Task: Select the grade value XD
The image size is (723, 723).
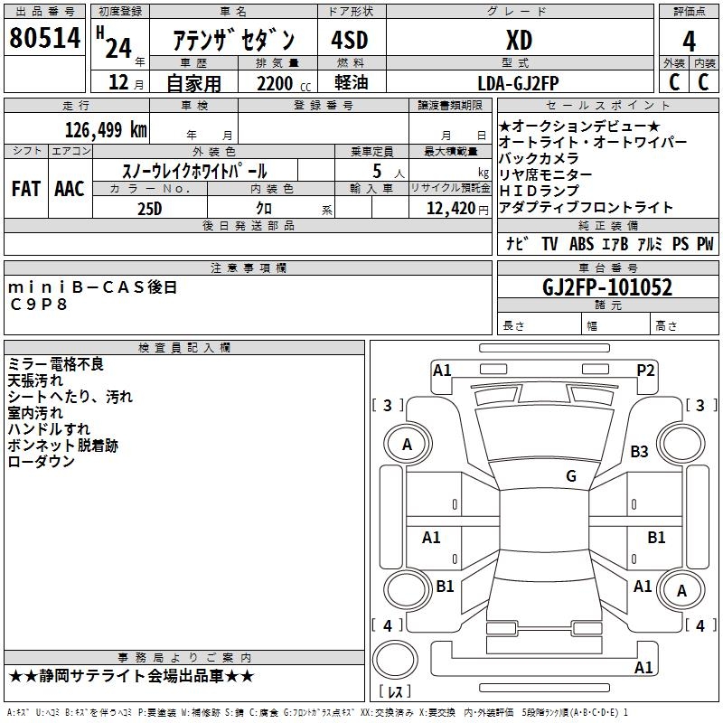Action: tap(518, 40)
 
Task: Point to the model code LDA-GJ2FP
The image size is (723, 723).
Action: tap(518, 83)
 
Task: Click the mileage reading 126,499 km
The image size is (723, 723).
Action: tap(106, 129)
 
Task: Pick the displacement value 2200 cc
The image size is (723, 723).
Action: tap(277, 83)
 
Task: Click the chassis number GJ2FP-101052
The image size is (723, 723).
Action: tap(607, 287)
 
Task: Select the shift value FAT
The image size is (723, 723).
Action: tap(26, 189)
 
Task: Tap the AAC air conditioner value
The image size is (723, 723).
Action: tap(70, 189)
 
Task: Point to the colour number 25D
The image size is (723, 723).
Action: tap(149, 207)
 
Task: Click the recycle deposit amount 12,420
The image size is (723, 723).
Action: tap(449, 208)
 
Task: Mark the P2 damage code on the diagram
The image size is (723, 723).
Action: tap(645, 369)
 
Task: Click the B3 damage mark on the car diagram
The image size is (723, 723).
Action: tap(640, 451)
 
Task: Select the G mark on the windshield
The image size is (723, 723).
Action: tap(571, 476)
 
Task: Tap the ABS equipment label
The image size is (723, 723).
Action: tap(580, 244)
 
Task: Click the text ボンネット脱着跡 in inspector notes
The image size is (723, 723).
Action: tap(62, 446)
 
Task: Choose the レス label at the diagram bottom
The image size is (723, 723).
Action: tap(396, 692)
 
